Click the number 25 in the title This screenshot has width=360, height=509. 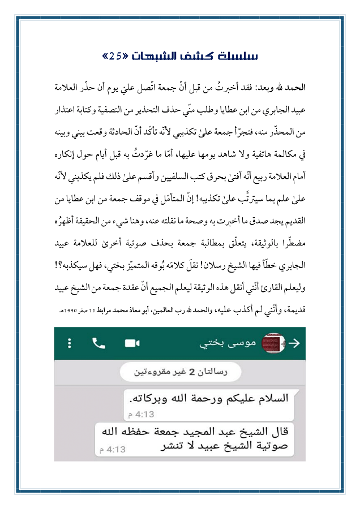pyautogui.click(x=115, y=57)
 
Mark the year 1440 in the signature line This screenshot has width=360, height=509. pyautogui.click(x=75, y=310)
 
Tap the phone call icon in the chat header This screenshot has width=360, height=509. pyautogui.click(x=99, y=343)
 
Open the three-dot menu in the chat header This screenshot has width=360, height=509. pyautogui.click(x=70, y=343)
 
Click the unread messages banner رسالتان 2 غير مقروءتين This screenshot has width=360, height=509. pyautogui.click(x=179, y=372)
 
